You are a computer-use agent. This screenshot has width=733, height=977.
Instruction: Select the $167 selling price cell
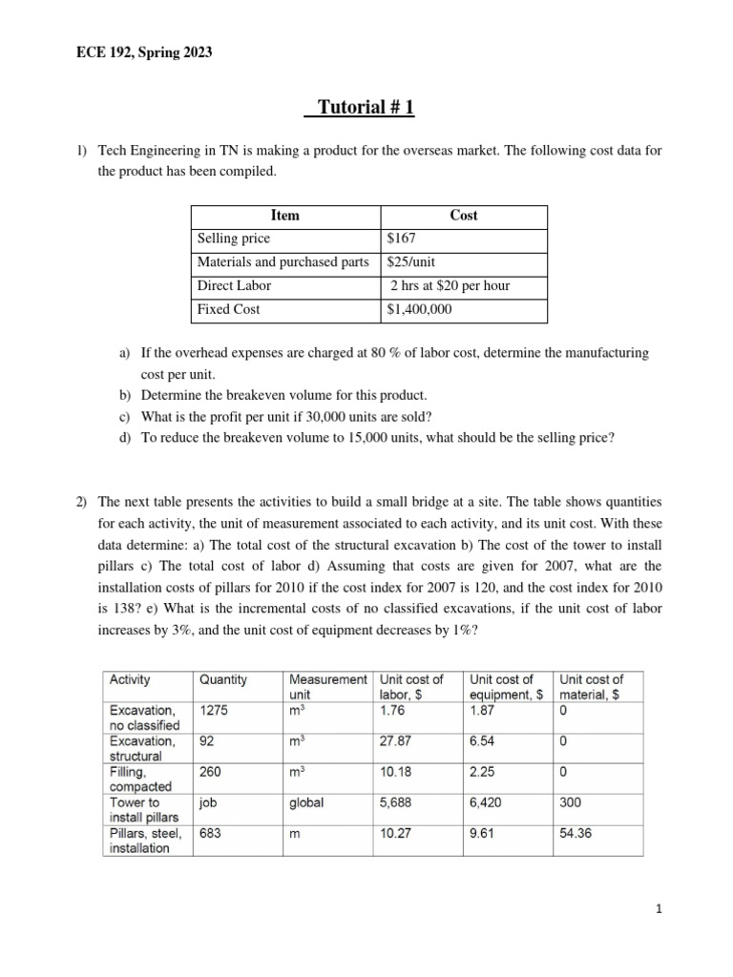point(401,239)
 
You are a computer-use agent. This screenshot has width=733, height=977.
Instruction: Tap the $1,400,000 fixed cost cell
point(420,309)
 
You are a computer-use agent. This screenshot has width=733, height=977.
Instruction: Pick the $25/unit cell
point(411,261)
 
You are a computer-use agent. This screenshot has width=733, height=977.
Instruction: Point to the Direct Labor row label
point(234,285)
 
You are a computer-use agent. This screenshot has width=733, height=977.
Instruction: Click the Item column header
point(285,216)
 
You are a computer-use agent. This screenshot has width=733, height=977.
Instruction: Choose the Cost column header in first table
point(464,216)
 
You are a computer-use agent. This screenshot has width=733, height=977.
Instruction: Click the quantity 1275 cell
point(214,709)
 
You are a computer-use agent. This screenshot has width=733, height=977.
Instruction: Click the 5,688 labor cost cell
point(396,802)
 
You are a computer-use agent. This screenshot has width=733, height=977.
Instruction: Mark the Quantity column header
point(222,679)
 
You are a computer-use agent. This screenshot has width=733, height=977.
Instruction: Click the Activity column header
point(131,679)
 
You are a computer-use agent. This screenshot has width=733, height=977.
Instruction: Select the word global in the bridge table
point(306,802)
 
